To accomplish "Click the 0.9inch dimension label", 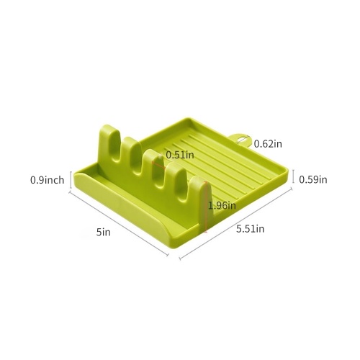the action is pyautogui.click(x=48, y=180).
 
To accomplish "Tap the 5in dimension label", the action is pyautogui.click(x=104, y=232).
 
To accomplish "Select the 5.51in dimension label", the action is pyautogui.click(x=251, y=229).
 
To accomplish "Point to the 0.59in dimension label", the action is pyautogui.click(x=313, y=179).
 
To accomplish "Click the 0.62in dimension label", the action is pyautogui.click(x=268, y=144).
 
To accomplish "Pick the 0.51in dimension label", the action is pyautogui.click(x=180, y=155).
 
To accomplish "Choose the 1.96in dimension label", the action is pyautogui.click(x=222, y=205).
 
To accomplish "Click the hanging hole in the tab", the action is pyautogui.click(x=242, y=140).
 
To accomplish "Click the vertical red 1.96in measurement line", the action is pyautogui.click(x=205, y=207).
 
